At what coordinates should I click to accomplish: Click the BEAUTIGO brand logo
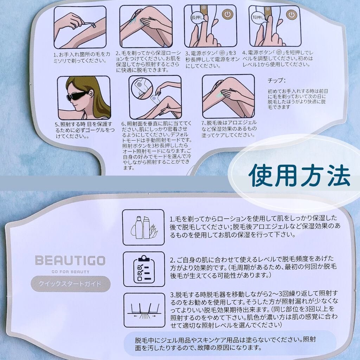[70, 261]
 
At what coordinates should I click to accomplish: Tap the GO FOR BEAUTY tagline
[70, 272]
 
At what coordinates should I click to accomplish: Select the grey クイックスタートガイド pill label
[70, 284]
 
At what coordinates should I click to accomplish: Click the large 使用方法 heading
[300, 175]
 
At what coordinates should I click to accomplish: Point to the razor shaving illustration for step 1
[80, 27]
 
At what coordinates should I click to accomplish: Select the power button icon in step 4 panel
[291, 15]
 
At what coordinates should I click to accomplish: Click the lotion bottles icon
[143, 227]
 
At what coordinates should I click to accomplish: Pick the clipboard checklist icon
[144, 269]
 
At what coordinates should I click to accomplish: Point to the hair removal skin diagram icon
[144, 310]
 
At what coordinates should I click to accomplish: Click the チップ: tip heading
[276, 81]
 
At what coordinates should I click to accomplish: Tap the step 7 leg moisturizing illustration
[229, 96]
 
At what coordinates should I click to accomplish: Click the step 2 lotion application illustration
[146, 26]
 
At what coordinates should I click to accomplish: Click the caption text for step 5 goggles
[85, 130]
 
